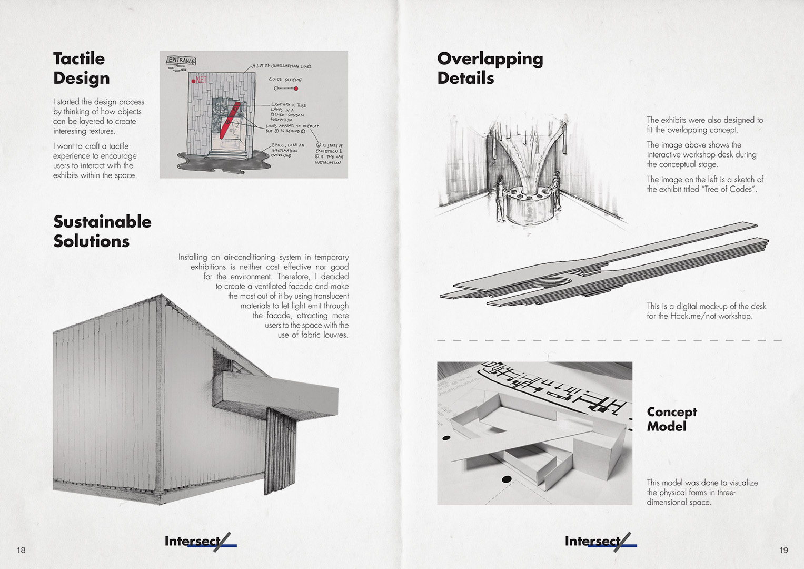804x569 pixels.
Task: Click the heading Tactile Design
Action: coord(81,68)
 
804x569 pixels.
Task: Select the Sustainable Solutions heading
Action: coord(102,231)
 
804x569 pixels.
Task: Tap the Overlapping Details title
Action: coord(490,68)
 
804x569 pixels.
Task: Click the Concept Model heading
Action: coord(671,419)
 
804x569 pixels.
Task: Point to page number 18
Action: coord(21,550)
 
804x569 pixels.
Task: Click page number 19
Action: coord(783,550)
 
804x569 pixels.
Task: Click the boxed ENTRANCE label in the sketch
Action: coord(181,60)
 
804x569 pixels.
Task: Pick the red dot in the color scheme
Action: coord(296,89)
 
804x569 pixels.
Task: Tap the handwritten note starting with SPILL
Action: coord(287,150)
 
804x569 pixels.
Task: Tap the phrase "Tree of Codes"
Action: coord(729,189)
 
